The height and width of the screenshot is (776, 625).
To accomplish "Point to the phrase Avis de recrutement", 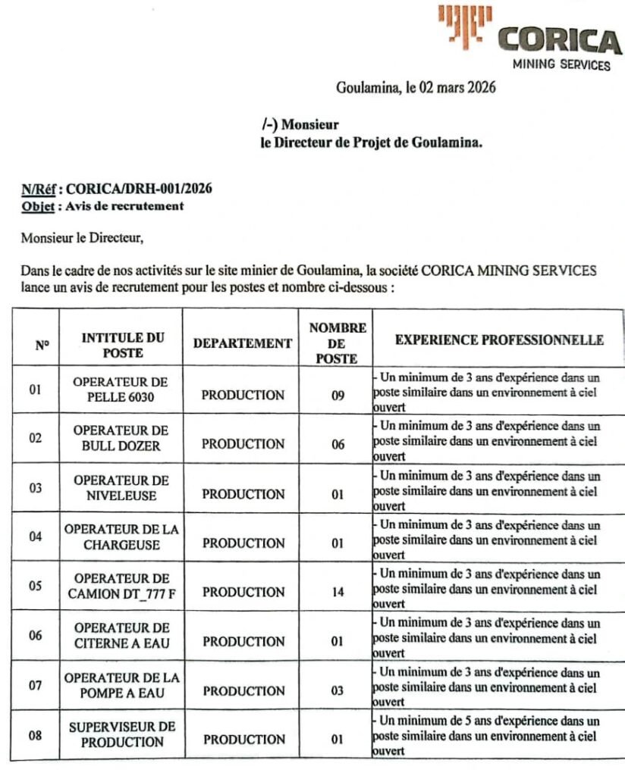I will coord(125,205).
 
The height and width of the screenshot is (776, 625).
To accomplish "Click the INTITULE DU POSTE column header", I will coord(122,345).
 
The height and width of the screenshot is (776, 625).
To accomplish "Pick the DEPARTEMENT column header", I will coord(243,343).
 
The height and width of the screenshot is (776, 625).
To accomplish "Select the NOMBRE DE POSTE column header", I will coord(338,343).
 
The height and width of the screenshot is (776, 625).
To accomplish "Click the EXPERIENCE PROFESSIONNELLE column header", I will coord(499,340).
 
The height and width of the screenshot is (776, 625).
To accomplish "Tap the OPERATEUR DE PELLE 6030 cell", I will coord(121,390).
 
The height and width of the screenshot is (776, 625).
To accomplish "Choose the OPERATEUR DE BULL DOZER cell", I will coord(121,438).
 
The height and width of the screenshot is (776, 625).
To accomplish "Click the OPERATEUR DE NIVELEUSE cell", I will coord(121,488).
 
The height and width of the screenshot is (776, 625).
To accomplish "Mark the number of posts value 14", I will coord(338,592).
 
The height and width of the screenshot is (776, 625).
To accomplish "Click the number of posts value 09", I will coord(338,395).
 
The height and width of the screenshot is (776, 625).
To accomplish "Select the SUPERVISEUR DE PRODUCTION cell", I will coord(122,734).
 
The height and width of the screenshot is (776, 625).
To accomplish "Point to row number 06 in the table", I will coord(35,636).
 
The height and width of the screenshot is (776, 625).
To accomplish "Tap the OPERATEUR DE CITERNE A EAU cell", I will coord(121,636).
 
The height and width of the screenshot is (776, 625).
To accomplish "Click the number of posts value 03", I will coord(338,690).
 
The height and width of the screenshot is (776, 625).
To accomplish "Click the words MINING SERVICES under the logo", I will coord(561,64).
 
